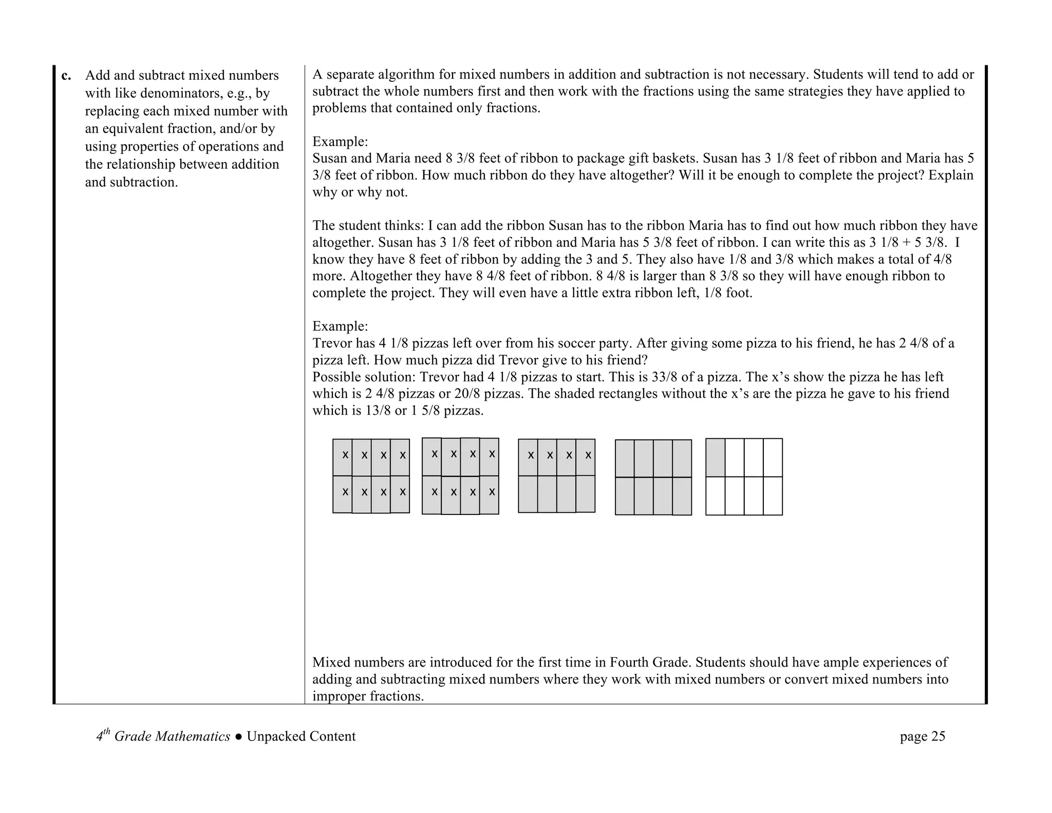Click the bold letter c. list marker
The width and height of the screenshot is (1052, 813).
coord(66,76)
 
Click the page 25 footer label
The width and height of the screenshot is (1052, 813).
coord(922,736)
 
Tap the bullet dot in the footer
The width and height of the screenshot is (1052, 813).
coord(238,737)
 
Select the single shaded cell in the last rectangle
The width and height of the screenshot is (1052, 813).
coord(715,457)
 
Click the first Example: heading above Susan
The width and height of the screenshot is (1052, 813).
coord(340,141)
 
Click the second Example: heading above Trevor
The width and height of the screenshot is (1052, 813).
coord(340,326)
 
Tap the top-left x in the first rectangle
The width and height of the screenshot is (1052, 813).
coord(345,455)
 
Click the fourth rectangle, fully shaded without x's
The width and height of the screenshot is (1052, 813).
coord(653,477)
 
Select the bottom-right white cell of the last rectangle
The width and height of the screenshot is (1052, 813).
coord(773,496)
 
